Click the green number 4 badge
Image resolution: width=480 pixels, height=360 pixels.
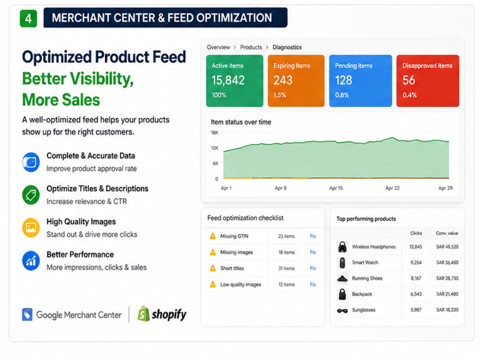pyautogui.click(x=28, y=18)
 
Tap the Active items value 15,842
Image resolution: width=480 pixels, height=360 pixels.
pyautogui.click(x=228, y=80)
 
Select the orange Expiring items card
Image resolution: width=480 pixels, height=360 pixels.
pyautogui.click(x=296, y=81)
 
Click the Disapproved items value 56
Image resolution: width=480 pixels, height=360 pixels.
pyautogui.click(x=408, y=80)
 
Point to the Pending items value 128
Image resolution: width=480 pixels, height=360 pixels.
pyautogui.click(x=344, y=80)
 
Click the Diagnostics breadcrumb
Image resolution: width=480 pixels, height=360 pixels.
pyautogui.click(x=287, y=47)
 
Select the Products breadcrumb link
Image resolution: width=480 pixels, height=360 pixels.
pyautogui.click(x=251, y=47)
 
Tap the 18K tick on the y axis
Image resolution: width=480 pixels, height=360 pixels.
pyautogui.click(x=215, y=132)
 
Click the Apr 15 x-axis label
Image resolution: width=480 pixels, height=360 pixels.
pyautogui.click(x=336, y=188)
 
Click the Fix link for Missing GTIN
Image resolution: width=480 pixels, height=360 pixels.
pyautogui.click(x=312, y=236)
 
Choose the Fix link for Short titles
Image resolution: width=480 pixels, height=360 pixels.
pyautogui.click(x=312, y=268)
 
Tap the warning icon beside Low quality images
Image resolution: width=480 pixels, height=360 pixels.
pyautogui.click(x=213, y=284)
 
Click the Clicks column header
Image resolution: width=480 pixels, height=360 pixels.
pyautogui.click(x=416, y=233)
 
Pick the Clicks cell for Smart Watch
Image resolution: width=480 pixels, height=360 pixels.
pyautogui.click(x=416, y=263)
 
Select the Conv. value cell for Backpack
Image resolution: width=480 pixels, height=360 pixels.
pyautogui.click(x=447, y=294)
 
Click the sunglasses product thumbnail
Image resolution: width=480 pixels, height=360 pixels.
pyautogui.click(x=342, y=311)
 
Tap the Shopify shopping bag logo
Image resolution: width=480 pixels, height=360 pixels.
pyautogui.click(x=143, y=314)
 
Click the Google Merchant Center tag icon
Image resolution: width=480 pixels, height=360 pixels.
pyautogui.click(x=27, y=314)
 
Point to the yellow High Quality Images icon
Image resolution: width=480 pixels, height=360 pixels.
pyautogui.click(x=31, y=228)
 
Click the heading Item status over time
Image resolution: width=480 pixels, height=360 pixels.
pyautogui.click(x=241, y=122)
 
